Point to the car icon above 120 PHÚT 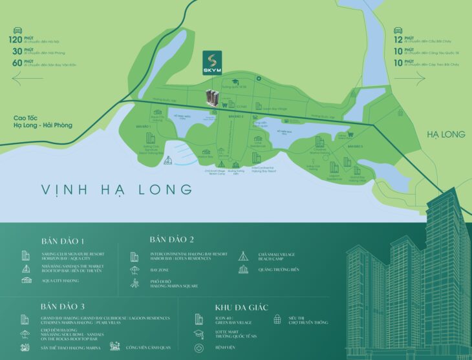tap(18, 30)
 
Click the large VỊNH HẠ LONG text tap(116, 189)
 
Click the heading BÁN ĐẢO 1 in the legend tap(63, 239)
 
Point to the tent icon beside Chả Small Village tap(244, 256)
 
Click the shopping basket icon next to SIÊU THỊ tap(277, 320)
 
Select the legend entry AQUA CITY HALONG tap(61, 280)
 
